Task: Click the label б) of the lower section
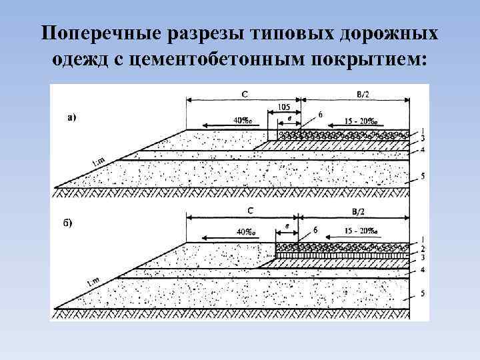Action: [69, 223]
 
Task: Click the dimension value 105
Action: [284, 107]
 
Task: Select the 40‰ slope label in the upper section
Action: [243, 121]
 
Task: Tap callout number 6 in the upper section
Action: [321, 115]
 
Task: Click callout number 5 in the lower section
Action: [423, 294]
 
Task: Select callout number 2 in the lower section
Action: [423, 247]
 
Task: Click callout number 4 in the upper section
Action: [423, 150]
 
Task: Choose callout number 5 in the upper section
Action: [423, 177]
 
